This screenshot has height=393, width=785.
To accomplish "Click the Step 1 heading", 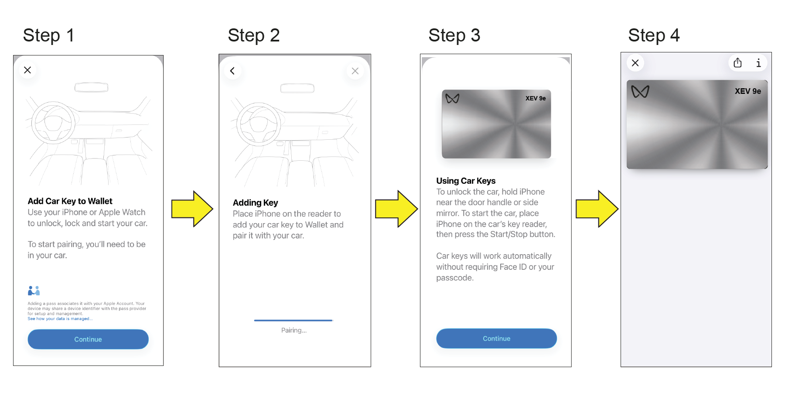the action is [x=48, y=35].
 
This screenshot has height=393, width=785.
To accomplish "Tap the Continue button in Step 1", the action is [x=88, y=339].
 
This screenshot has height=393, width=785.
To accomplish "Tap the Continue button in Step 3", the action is [x=496, y=338].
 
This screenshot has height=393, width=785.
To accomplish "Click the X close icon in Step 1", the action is [x=27, y=70].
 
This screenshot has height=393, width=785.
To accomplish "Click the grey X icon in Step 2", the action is [x=355, y=71].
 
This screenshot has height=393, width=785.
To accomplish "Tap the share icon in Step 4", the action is [x=737, y=63].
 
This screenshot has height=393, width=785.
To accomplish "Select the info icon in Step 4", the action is [x=758, y=63].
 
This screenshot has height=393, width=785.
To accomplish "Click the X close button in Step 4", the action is [x=635, y=63].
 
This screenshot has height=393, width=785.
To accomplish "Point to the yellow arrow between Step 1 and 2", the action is [x=192, y=209].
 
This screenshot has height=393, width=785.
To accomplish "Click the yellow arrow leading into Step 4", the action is [x=597, y=209].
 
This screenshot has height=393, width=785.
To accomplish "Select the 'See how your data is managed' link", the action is [x=60, y=319].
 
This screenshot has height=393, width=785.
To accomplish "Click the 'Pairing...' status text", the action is [x=294, y=330].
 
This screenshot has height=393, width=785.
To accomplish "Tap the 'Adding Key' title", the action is [x=255, y=203].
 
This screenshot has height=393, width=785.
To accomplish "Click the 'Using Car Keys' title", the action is [x=466, y=181].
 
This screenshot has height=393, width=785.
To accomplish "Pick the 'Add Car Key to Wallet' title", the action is [x=70, y=201].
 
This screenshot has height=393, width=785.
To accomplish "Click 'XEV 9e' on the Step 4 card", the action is [x=747, y=91].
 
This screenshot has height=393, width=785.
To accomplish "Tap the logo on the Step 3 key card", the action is [x=452, y=99].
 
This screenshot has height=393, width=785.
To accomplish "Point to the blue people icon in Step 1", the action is [x=34, y=290].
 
